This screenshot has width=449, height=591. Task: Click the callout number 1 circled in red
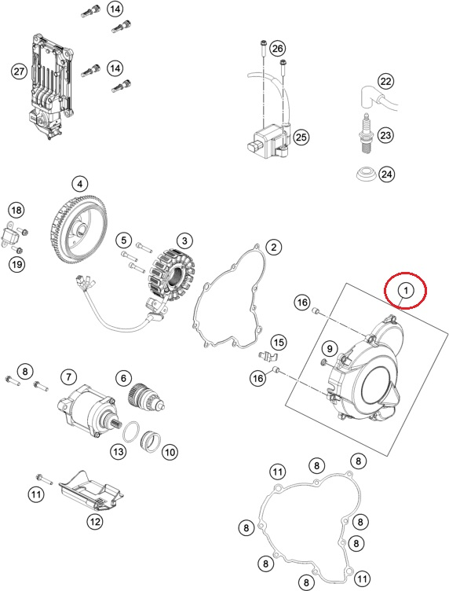point(404,291)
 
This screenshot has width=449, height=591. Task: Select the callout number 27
point(19,72)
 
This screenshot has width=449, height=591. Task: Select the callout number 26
point(277,49)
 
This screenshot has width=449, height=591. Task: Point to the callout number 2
point(273,248)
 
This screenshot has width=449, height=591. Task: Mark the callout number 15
point(279,342)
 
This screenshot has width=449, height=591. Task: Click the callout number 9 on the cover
point(330,348)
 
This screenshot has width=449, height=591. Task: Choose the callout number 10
point(170,452)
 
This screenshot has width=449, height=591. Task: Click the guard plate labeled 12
point(92,494)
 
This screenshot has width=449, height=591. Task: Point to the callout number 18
point(16,210)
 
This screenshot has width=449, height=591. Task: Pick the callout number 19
point(16,265)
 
